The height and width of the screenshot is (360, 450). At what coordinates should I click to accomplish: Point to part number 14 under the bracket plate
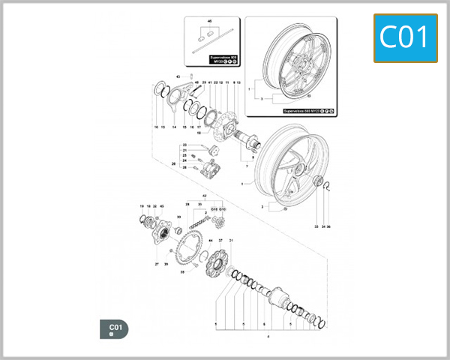pyautogui.click(x=174, y=127)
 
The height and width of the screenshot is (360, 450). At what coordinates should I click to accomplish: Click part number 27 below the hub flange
pyautogui.click(x=157, y=264)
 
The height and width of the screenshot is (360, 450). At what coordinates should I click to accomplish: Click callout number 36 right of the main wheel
pyautogui.click(x=334, y=226)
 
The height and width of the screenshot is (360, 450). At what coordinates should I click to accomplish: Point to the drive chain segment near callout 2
pyautogui.click(x=198, y=224)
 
